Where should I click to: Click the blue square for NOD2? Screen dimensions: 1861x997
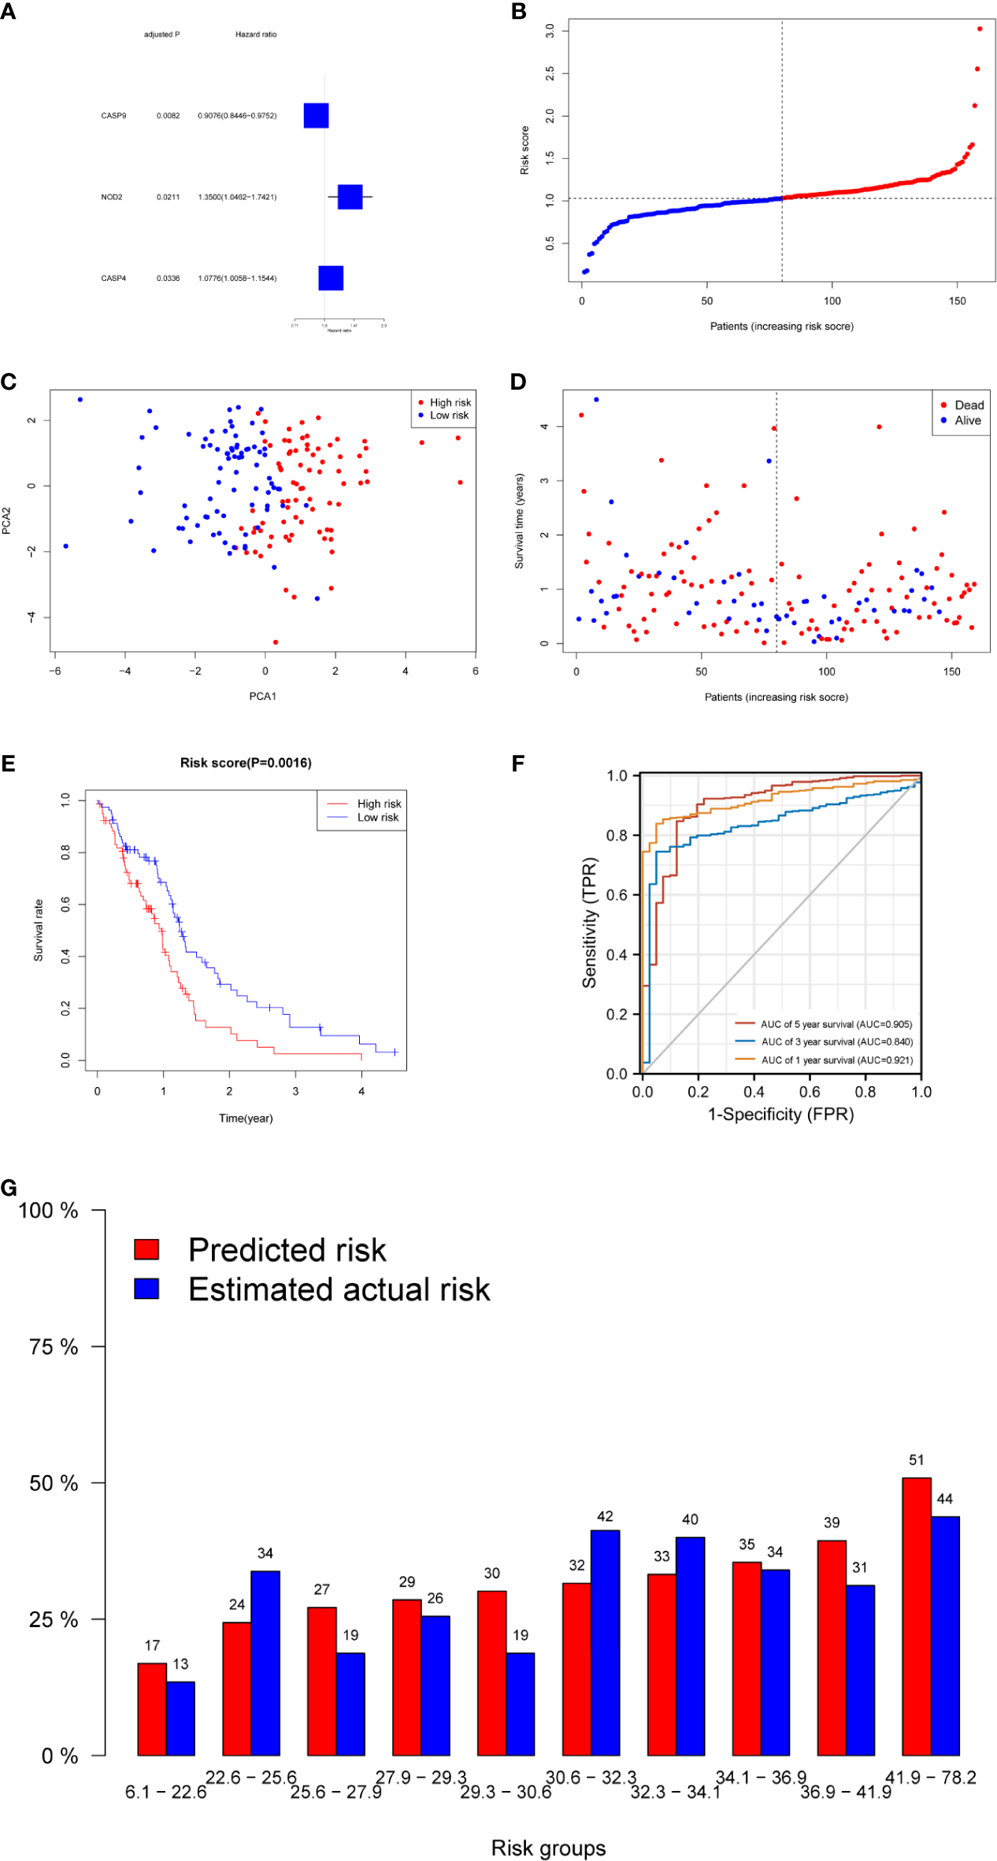pos(350,197)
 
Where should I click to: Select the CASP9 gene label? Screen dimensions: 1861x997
pos(113,116)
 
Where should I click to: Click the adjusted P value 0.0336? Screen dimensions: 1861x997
pos(168,279)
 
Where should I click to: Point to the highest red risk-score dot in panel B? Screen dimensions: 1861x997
pos(979,29)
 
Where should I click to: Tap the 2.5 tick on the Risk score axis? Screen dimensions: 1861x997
pos(550,73)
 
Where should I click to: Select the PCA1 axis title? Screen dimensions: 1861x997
pos(262,696)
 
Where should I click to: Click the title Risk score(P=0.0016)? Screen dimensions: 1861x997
pos(246,763)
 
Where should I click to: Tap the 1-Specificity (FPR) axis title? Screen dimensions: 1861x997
pos(780,1114)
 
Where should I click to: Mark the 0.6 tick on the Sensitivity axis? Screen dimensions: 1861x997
pos(617,895)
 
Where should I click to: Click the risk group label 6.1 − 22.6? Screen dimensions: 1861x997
pos(165,1792)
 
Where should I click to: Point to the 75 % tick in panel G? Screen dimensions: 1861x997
pos(54,1347)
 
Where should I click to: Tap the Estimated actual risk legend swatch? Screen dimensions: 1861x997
pos(146,1289)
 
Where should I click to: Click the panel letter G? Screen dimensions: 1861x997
pos(9,1187)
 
